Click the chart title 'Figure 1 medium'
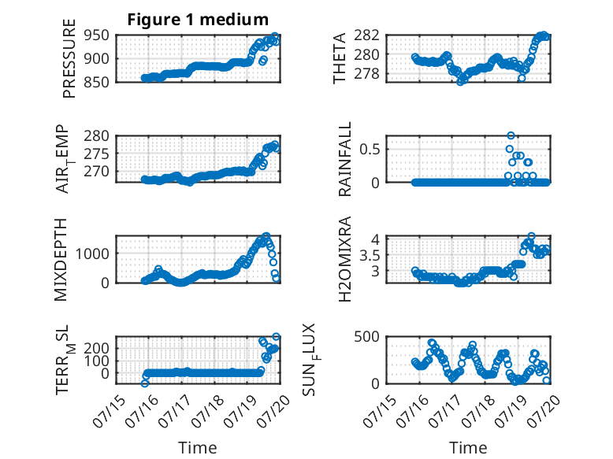click(198, 20)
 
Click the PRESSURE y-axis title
click(69, 58)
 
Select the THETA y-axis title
click(340, 58)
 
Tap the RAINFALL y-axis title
click(345, 159)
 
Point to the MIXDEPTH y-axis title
click(61, 260)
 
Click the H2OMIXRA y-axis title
click(345, 259)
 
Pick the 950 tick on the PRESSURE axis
click(96, 35)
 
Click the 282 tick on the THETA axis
click(366, 35)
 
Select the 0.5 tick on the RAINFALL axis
click(370, 149)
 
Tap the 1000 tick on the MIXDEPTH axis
click(92, 254)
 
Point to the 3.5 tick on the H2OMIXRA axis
click(370, 256)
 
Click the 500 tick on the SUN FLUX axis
click(366, 336)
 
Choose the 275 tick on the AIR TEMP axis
click(96, 154)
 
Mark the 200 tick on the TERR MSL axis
click(96, 348)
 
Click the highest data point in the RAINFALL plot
click(511, 135)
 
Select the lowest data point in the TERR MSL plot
click(145, 383)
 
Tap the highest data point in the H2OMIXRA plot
click(531, 236)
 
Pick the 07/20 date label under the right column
click(546, 411)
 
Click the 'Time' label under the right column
click(468, 448)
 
